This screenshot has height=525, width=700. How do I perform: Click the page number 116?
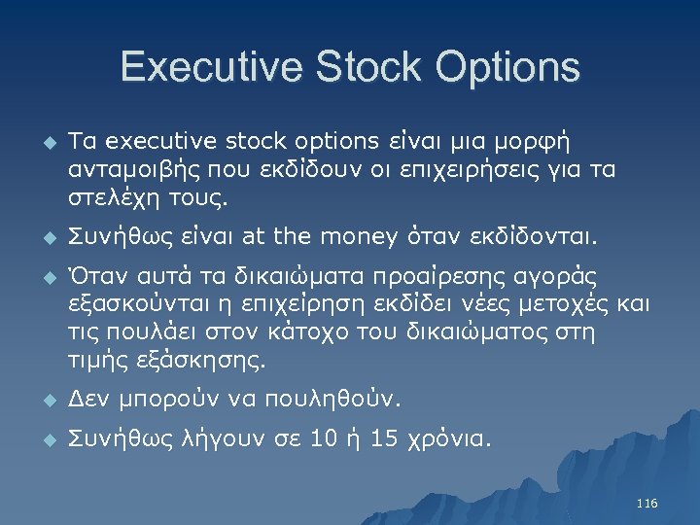[647, 504]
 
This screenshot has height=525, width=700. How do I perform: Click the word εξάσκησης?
[205, 363]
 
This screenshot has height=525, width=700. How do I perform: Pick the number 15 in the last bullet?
[385, 439]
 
